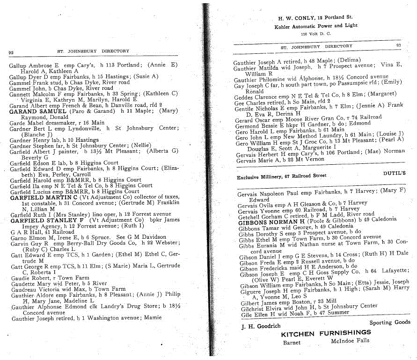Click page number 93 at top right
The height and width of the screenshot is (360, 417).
click(398, 46)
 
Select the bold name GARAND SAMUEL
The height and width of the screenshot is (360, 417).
click(38, 111)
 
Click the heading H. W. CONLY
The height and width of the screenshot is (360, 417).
click(293, 17)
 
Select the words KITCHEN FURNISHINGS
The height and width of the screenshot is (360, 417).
click(326, 333)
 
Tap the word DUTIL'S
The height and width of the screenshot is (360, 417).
click(395, 173)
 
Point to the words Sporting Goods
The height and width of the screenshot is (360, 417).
click(390, 322)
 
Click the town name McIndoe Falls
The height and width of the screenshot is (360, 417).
click(350, 341)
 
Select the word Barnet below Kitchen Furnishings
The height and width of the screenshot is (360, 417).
click(292, 342)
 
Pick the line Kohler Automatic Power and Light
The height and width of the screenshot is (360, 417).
click(315, 26)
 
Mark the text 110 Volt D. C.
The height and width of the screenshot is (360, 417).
click(316, 34)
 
